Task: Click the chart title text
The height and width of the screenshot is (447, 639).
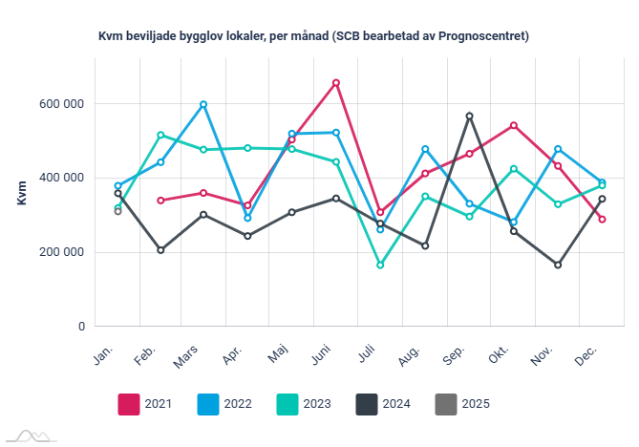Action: [314, 36]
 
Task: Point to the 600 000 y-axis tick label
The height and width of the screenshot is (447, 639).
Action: [58, 103]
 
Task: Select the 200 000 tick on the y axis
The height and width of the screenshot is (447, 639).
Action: [58, 252]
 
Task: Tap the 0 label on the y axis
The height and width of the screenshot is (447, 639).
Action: [81, 327]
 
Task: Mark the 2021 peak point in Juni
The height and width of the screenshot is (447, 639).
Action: [336, 83]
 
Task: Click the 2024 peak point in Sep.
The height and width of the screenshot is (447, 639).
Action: [470, 116]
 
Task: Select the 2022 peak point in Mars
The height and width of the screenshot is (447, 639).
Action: [203, 104]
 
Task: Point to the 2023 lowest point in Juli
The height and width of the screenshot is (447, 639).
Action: [380, 265]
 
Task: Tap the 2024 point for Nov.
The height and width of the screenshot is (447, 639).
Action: [558, 265]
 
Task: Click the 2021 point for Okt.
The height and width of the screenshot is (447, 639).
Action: [514, 125]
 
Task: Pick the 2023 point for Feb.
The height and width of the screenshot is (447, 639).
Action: [160, 135]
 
